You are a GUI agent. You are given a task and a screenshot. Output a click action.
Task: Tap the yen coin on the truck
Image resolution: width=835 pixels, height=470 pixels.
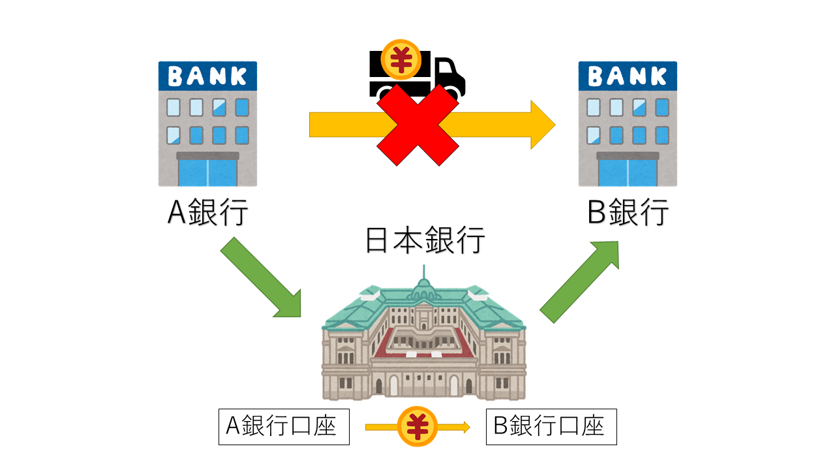[401, 58]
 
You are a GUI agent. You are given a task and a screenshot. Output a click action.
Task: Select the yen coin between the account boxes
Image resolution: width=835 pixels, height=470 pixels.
[417, 427]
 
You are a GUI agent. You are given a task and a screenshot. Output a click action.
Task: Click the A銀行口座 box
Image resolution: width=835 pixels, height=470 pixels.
[284, 427]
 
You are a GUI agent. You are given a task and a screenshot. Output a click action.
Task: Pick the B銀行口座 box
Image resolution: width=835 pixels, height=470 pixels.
[551, 427]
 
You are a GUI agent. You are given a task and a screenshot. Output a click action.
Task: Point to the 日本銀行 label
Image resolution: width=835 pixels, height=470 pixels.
[425, 242]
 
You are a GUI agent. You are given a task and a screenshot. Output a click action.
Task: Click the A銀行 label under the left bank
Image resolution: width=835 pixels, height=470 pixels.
[207, 212]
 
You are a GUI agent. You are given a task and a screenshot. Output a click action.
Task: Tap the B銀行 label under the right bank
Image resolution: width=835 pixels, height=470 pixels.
[628, 212]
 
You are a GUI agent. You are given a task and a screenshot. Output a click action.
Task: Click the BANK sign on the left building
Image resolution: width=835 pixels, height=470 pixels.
[207, 76]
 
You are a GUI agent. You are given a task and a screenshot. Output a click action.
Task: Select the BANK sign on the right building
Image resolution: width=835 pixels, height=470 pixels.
[628, 76]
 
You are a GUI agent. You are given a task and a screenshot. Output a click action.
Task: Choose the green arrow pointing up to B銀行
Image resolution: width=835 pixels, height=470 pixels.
[580, 281]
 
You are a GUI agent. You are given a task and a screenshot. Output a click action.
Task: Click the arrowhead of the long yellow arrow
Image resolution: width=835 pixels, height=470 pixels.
[541, 125]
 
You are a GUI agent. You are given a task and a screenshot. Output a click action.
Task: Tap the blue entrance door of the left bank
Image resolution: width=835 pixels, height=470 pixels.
[207, 172]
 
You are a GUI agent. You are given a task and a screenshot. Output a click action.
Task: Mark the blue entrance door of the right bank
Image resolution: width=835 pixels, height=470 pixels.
[628, 172]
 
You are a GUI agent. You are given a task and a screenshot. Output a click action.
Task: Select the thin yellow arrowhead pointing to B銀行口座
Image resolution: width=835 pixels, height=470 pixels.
[465, 427]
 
